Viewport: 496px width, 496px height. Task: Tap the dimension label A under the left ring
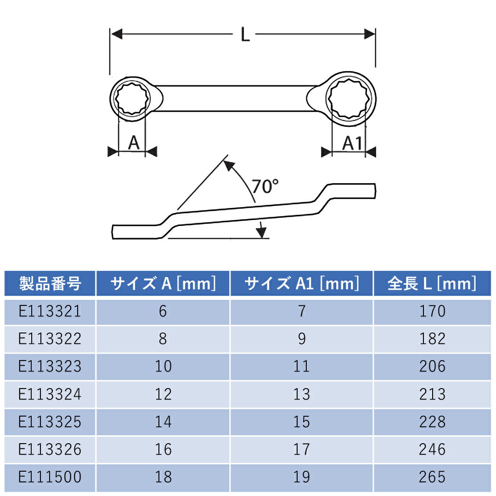133,143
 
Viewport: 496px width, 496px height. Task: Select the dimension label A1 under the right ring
352,144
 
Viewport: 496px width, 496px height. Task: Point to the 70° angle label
265,186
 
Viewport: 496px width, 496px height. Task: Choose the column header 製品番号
50,284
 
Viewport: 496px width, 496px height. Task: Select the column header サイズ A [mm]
163,284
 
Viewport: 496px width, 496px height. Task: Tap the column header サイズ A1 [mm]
301,284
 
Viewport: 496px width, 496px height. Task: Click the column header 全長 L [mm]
432,284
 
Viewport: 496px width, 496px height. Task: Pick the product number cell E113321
50,311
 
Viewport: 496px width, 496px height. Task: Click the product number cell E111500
50,477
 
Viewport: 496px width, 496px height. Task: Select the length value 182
432,339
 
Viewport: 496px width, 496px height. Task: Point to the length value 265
432,477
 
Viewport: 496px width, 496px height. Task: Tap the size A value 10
163,366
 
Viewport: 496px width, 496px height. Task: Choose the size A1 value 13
301,394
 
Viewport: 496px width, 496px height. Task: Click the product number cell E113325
50,422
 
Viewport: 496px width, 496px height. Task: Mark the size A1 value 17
301,449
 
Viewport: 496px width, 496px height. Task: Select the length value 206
432,366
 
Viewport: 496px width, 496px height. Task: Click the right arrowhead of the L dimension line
370,34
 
